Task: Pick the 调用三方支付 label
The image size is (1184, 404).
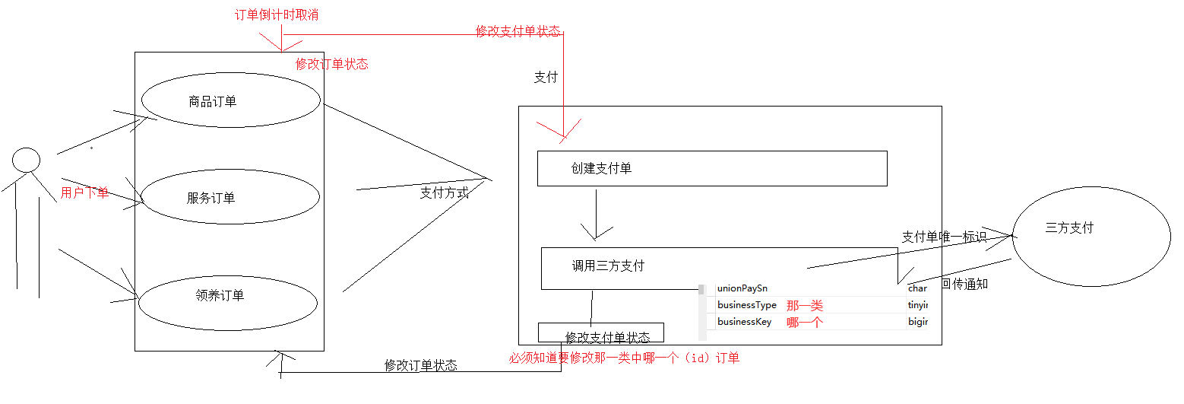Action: click(x=608, y=266)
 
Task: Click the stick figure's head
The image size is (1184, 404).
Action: click(x=27, y=160)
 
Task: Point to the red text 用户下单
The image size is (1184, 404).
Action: click(x=84, y=192)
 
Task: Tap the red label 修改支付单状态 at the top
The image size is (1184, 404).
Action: click(x=518, y=31)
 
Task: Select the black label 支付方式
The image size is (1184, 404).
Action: click(x=444, y=192)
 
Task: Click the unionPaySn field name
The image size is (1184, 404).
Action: click(x=742, y=288)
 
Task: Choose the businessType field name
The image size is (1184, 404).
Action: click(x=747, y=305)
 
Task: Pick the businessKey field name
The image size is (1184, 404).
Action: click(x=744, y=322)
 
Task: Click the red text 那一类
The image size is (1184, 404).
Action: click(x=805, y=305)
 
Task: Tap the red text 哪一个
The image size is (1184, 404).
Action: click(x=805, y=322)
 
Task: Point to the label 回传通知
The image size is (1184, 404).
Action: click(x=964, y=284)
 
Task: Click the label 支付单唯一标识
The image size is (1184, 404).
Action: click(x=944, y=237)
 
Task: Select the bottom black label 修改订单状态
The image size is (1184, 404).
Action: click(x=420, y=365)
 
